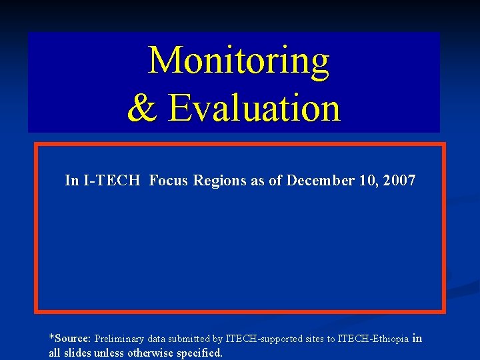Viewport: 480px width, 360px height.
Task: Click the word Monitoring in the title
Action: [239, 61]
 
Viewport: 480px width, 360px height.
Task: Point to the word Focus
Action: [169, 181]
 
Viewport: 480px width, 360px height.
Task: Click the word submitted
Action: [197, 339]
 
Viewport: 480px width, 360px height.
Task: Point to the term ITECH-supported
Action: [264, 339]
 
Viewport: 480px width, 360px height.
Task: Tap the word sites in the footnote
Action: [315, 339]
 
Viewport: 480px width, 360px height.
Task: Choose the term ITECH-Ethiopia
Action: [373, 339]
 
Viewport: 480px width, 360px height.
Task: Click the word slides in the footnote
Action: [77, 353]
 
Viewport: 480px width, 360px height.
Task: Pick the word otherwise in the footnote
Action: [153, 353]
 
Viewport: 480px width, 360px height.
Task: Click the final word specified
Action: [199, 353]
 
